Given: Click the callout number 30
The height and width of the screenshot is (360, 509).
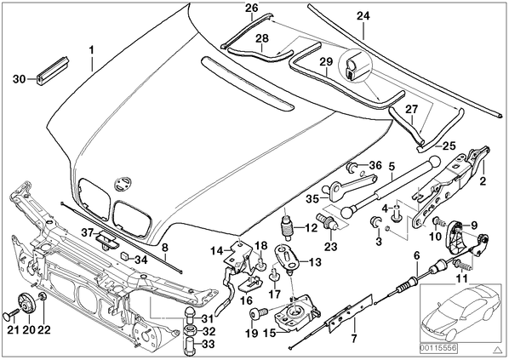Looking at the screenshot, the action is point(19,78).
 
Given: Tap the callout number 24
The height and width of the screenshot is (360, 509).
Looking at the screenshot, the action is point(363,15).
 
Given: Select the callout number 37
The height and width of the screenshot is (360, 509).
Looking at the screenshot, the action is point(87,232).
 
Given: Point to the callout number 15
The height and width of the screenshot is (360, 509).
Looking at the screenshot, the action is point(270,333).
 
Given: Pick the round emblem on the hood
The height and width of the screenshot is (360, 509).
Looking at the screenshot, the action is point(123,184).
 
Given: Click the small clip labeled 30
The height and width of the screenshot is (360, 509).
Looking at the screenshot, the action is point(54,71).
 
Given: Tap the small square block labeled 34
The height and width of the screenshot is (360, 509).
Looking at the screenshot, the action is point(125,256).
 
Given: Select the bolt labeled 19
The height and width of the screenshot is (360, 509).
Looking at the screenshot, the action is point(258,313).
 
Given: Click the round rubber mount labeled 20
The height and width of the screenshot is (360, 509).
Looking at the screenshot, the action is point(26,302).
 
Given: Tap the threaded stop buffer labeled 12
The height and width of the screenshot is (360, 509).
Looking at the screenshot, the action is point(287,227).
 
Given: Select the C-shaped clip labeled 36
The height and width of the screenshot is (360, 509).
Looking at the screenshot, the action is point(352,167).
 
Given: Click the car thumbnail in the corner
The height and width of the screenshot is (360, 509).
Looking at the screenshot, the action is point(460,313).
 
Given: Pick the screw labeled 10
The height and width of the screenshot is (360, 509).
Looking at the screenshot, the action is point(438,223).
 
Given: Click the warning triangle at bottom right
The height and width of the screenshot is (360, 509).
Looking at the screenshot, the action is point(497,349).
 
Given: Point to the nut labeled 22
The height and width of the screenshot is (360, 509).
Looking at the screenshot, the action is point(43,297).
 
